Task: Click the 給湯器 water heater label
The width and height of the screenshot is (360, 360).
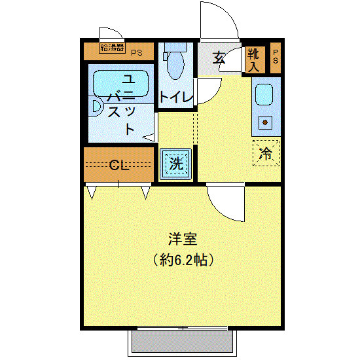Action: [112, 46]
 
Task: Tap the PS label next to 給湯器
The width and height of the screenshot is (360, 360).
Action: [137, 52]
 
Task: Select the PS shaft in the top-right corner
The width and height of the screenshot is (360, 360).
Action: [276, 56]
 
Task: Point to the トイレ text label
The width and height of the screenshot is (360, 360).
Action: [176, 98]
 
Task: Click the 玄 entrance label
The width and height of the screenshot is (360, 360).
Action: [219, 58]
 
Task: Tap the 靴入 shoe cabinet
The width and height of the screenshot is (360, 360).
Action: [254, 59]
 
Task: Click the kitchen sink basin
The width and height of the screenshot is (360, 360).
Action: [264, 95]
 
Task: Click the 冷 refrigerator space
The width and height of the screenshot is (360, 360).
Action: [266, 153]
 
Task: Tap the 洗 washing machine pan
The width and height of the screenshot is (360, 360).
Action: [176, 163]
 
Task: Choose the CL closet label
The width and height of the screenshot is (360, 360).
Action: [118, 164]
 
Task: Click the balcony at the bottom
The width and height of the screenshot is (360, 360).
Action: [181, 342]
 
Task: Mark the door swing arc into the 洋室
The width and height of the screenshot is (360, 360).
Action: [226, 203]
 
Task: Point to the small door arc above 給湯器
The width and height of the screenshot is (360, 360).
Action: [110, 33]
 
